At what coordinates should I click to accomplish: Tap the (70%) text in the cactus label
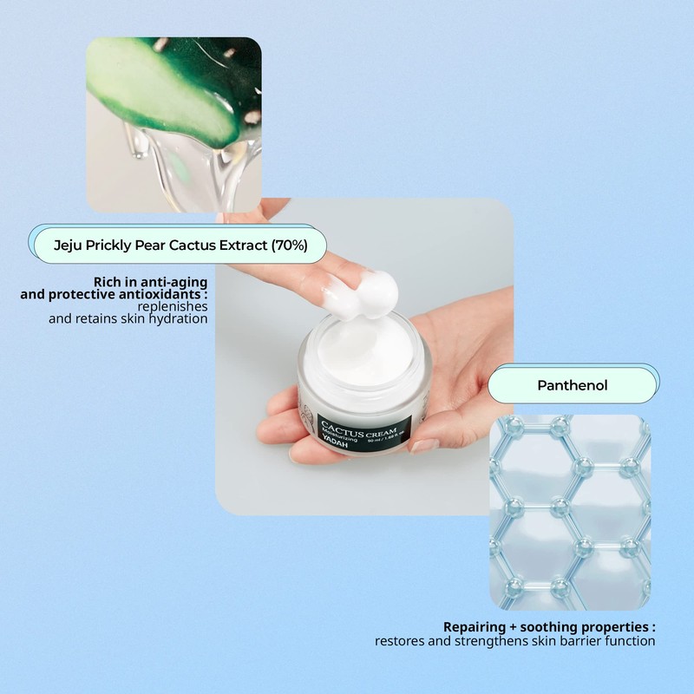pyautogui.click(x=289, y=246)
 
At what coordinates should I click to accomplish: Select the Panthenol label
pyautogui.click(x=571, y=384)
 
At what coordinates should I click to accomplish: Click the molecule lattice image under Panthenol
pyautogui.click(x=569, y=512)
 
